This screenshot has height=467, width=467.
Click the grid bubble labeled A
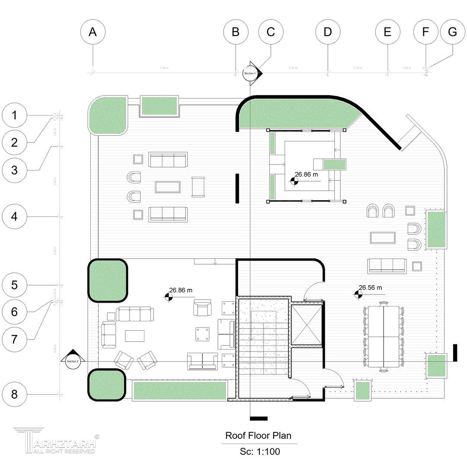tap(93, 32)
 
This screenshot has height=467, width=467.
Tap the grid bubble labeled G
tap(452, 32)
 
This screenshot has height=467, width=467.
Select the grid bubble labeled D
tap(327, 32)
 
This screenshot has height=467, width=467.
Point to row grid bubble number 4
tap(14, 216)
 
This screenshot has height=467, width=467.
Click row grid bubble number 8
tap(14, 394)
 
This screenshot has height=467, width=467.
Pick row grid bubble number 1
tap(14, 115)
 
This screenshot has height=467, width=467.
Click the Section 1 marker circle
tap(249, 74)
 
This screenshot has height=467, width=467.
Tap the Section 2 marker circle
tap(73, 361)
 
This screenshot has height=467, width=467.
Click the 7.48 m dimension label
tap(164, 68)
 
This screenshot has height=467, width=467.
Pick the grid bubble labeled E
tap(387, 32)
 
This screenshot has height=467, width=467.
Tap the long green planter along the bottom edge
tap(179, 390)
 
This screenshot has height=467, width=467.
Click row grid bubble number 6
tap(14, 311)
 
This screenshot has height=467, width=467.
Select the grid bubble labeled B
tap(236, 32)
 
